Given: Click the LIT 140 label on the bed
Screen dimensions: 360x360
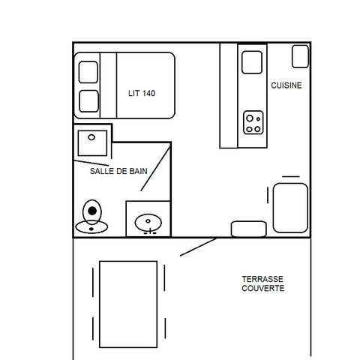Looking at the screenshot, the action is (142, 93).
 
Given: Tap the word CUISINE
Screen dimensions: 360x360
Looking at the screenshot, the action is (286, 85).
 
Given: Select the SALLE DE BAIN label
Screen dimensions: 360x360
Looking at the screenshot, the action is (118, 171).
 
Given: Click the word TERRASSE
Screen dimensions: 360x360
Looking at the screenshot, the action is (262, 279).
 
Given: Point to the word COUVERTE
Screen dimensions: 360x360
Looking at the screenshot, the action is (263, 288).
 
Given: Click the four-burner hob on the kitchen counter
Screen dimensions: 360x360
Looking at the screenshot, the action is (253, 122).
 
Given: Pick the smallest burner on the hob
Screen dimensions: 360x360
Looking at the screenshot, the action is (258, 119).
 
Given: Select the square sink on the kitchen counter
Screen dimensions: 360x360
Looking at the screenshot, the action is (252, 62).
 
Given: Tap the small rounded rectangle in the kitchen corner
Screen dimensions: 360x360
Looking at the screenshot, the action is (300, 56).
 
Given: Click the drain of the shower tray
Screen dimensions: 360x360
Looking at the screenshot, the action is (91, 137).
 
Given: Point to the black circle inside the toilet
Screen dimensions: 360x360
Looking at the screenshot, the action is (92, 211).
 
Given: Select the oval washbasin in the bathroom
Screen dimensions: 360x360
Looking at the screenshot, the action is (148, 223).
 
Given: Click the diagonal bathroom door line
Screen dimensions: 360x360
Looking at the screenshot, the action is (156, 169).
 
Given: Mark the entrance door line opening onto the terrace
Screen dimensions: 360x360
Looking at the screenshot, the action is (199, 247).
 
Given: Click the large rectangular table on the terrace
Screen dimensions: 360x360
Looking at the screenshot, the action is (128, 304).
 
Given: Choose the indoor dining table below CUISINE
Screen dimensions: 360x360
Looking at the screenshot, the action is (290, 208).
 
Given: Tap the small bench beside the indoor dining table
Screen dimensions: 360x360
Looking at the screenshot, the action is (249, 229).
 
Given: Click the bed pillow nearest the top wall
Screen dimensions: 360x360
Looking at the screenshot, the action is (88, 72).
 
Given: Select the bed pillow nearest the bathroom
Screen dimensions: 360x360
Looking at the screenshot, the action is (88, 101).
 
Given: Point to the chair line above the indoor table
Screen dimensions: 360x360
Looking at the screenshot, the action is (291, 177).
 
